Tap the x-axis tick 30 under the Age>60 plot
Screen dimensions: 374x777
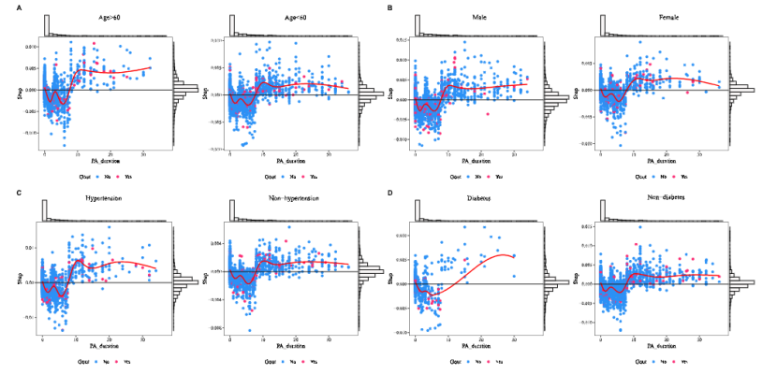click(x=142, y=153)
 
